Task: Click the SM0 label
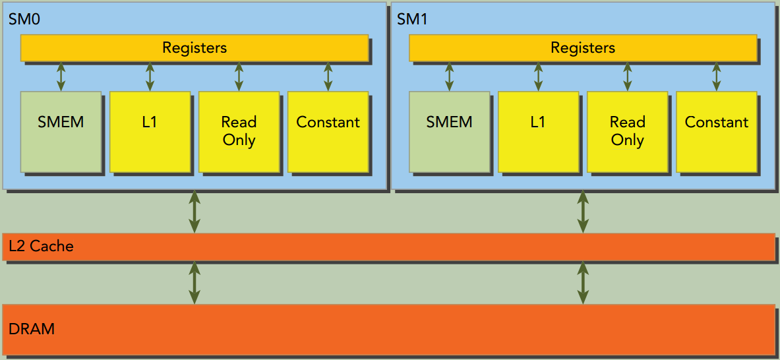pyautogui.click(x=24, y=19)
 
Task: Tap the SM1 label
pyautogui.click(x=412, y=19)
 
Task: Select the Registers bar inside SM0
pyautogui.click(x=195, y=47)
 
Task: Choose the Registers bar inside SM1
pyautogui.click(x=583, y=47)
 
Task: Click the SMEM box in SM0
pyautogui.click(x=61, y=131)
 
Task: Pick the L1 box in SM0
pyautogui.click(x=150, y=131)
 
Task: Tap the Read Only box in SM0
pyautogui.click(x=239, y=131)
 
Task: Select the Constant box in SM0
pyautogui.click(x=328, y=131)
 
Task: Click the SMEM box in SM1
pyautogui.click(x=449, y=131)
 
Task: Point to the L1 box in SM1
pyautogui.click(x=538, y=131)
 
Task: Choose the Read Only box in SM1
pyautogui.click(x=627, y=131)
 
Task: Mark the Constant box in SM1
pyautogui.click(x=716, y=131)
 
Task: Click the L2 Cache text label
pyautogui.click(x=41, y=247)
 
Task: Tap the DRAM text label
pyautogui.click(x=32, y=328)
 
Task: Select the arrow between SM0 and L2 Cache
pyautogui.click(x=195, y=212)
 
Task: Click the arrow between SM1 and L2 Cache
pyautogui.click(x=583, y=212)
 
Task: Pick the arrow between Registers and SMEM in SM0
pyautogui.click(x=61, y=76)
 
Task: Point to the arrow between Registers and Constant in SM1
pyautogui.click(x=716, y=76)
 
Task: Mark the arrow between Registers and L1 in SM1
pyautogui.click(x=538, y=76)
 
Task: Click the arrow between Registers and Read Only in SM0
pyautogui.click(x=239, y=76)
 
